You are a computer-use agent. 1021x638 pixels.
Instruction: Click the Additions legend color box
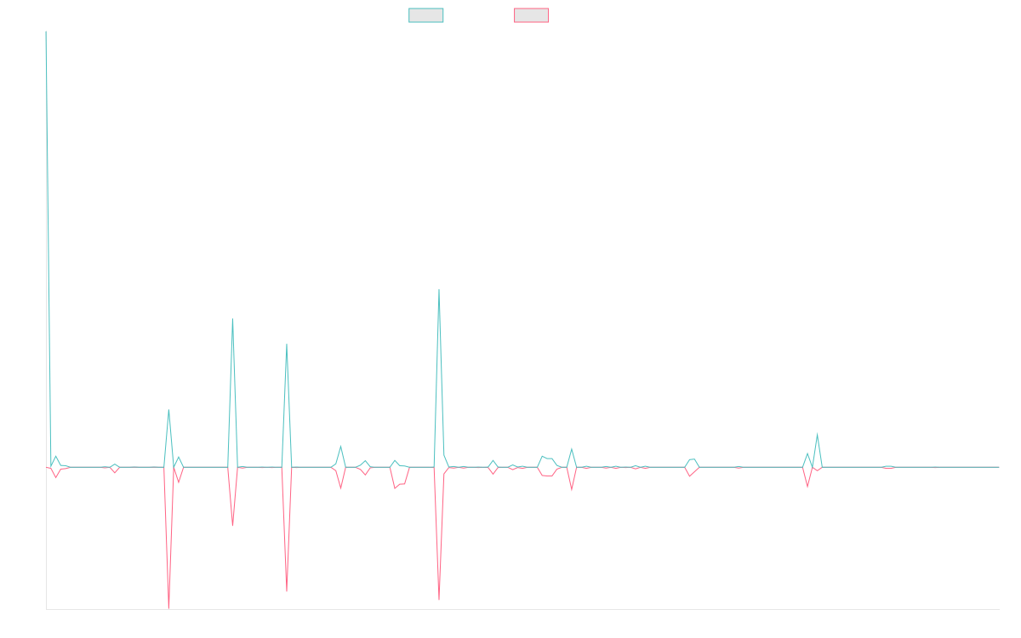coord(426,15)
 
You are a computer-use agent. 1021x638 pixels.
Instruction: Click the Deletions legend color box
coord(532,15)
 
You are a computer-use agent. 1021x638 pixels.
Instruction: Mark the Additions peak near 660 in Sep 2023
coord(439,289)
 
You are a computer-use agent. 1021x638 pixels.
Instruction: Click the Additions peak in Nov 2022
coord(232,319)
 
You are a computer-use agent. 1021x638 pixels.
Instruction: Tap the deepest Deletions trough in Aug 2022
coord(168,607)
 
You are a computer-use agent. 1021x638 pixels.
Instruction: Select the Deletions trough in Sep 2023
coord(439,600)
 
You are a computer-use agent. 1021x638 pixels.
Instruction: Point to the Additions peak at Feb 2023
coord(287,345)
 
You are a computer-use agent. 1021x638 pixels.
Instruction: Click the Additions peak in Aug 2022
coord(168,410)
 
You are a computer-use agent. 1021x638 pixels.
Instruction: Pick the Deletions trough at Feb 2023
coord(287,590)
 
